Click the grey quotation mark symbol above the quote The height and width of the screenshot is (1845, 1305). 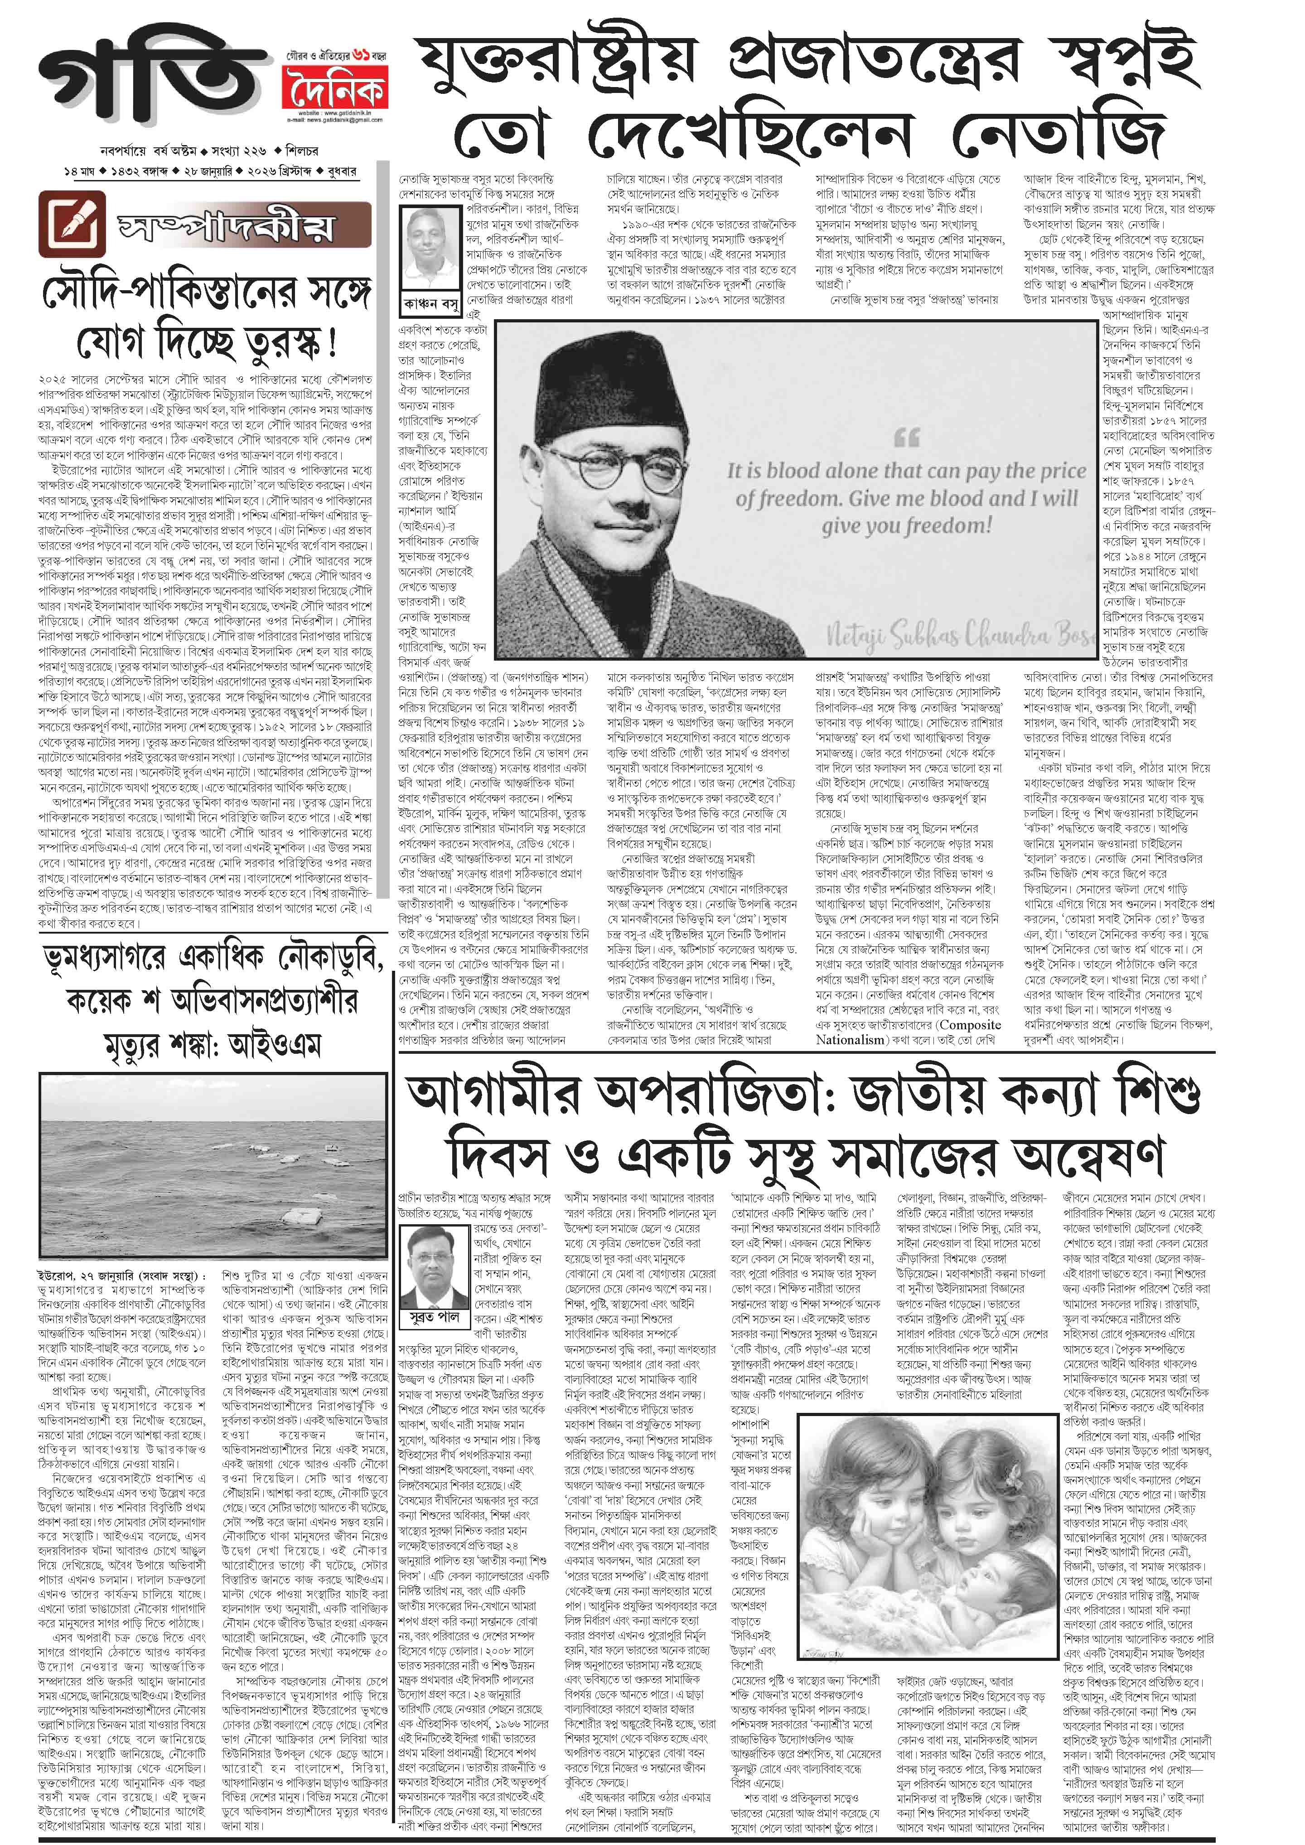(906, 438)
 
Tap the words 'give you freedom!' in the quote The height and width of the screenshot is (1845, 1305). (906, 526)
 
